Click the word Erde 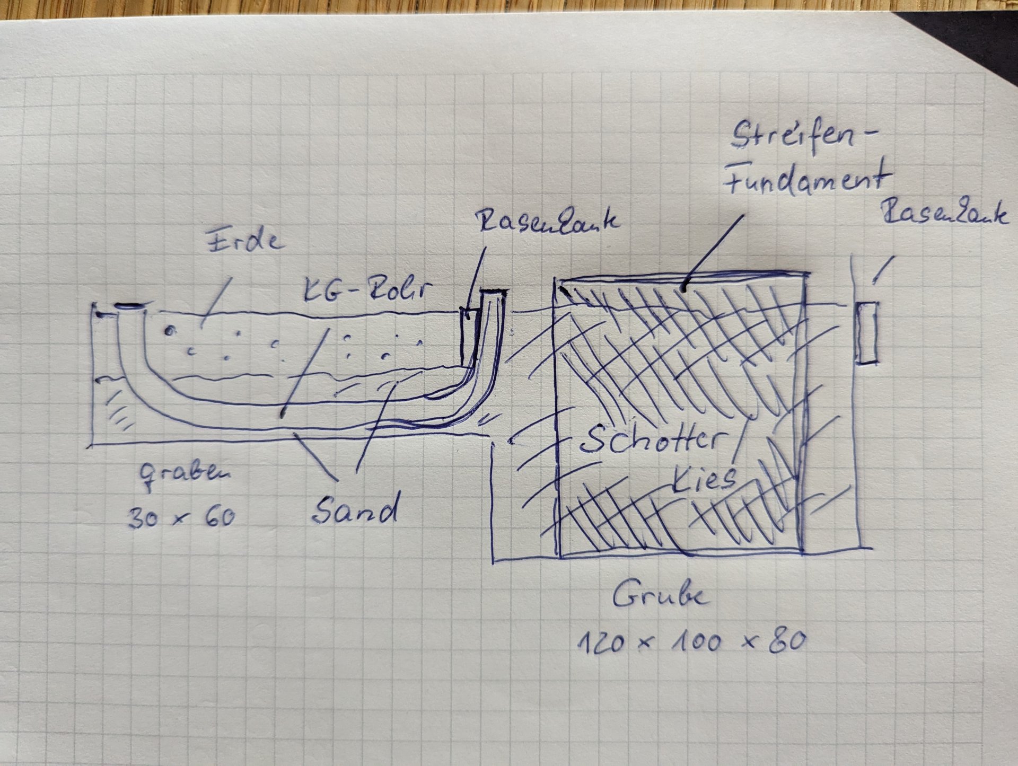click(x=244, y=240)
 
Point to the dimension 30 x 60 click(x=181, y=517)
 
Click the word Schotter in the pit click(x=653, y=439)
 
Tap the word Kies click(x=705, y=478)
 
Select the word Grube click(x=660, y=596)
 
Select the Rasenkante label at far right click(x=944, y=214)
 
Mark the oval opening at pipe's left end click(x=130, y=306)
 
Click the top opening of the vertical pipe click(x=493, y=292)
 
